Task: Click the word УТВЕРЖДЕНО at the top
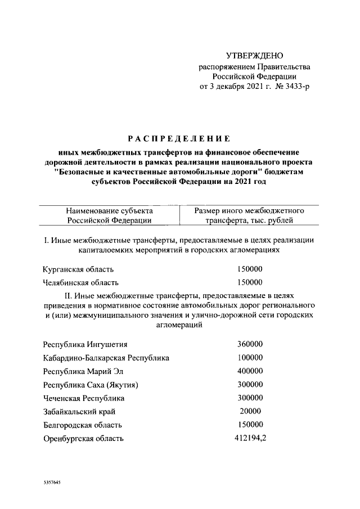[x=254, y=56]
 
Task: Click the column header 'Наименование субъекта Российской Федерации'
[x=109, y=215]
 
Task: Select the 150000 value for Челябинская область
[x=250, y=282]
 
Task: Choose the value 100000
[x=250, y=357]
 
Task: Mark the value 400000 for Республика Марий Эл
[x=250, y=371]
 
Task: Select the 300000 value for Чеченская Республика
[x=250, y=398]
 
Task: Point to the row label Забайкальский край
[x=78, y=411]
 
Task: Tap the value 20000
[x=250, y=411]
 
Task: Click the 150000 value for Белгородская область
[x=250, y=425]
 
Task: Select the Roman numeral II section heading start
[x=69, y=295]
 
